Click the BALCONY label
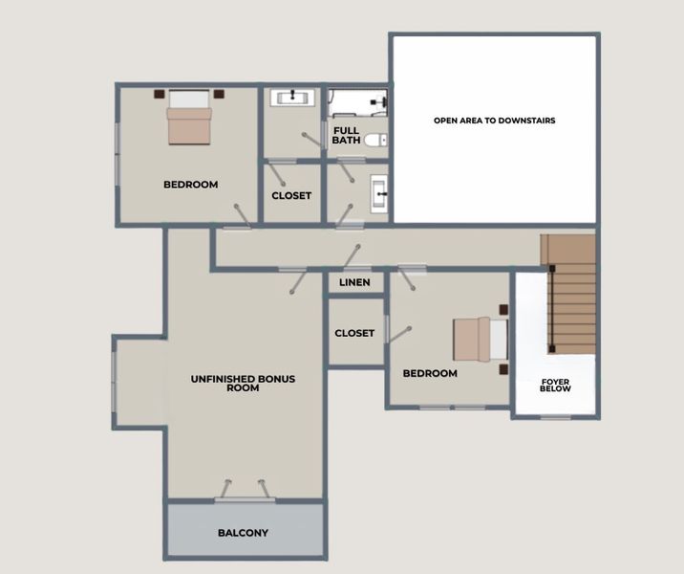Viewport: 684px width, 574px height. pos(243,533)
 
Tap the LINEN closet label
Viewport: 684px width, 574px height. pos(354,282)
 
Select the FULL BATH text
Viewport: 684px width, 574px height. pos(346,136)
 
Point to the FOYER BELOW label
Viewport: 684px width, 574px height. pos(555,385)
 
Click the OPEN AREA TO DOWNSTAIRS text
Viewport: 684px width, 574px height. pos(494,121)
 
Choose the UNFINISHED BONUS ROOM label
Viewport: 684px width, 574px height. pos(243,383)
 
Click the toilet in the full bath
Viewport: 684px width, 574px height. pos(375,141)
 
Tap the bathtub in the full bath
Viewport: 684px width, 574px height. pos(357,103)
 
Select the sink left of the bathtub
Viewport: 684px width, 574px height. pos(292,98)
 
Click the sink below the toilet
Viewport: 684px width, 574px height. pos(378,194)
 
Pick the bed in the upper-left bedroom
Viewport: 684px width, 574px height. pos(189,117)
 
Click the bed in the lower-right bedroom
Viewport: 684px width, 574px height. pos(481,339)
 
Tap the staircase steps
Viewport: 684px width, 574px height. pos(568,294)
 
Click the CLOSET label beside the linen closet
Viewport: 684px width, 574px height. pos(354,333)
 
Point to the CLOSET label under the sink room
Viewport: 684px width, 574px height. pos(291,196)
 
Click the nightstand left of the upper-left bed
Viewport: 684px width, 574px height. pos(160,94)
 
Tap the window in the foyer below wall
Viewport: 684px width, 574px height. pos(555,418)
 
